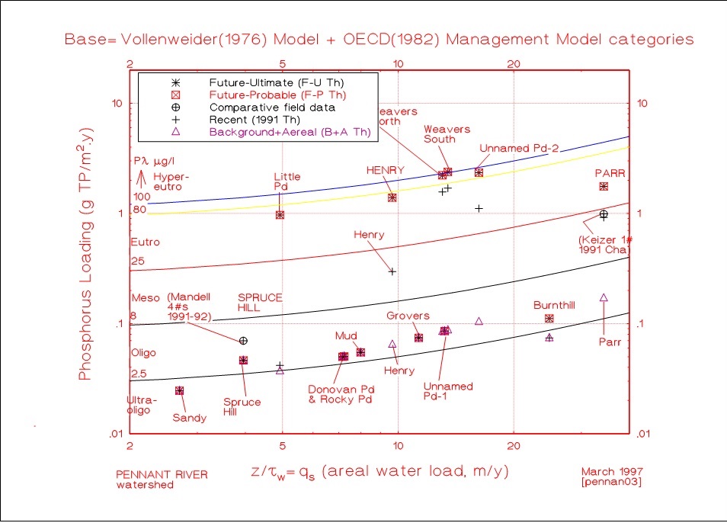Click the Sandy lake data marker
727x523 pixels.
pyautogui.click(x=179, y=391)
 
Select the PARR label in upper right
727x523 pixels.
pyautogui.click(x=610, y=173)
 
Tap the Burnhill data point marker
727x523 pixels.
pyautogui.click(x=549, y=318)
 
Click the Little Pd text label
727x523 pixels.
pyautogui.click(x=287, y=181)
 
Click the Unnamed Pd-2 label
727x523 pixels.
pyautogui.click(x=520, y=147)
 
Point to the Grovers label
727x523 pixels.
pyautogui.click(x=408, y=316)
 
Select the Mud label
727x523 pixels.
pyautogui.click(x=346, y=335)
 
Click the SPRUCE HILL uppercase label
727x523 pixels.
pyautogui.click(x=260, y=302)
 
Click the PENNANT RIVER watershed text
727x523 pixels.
pyautogui.click(x=161, y=479)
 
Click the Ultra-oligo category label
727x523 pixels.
pyautogui.click(x=142, y=405)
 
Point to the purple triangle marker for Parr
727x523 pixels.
pyautogui.click(x=604, y=297)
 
